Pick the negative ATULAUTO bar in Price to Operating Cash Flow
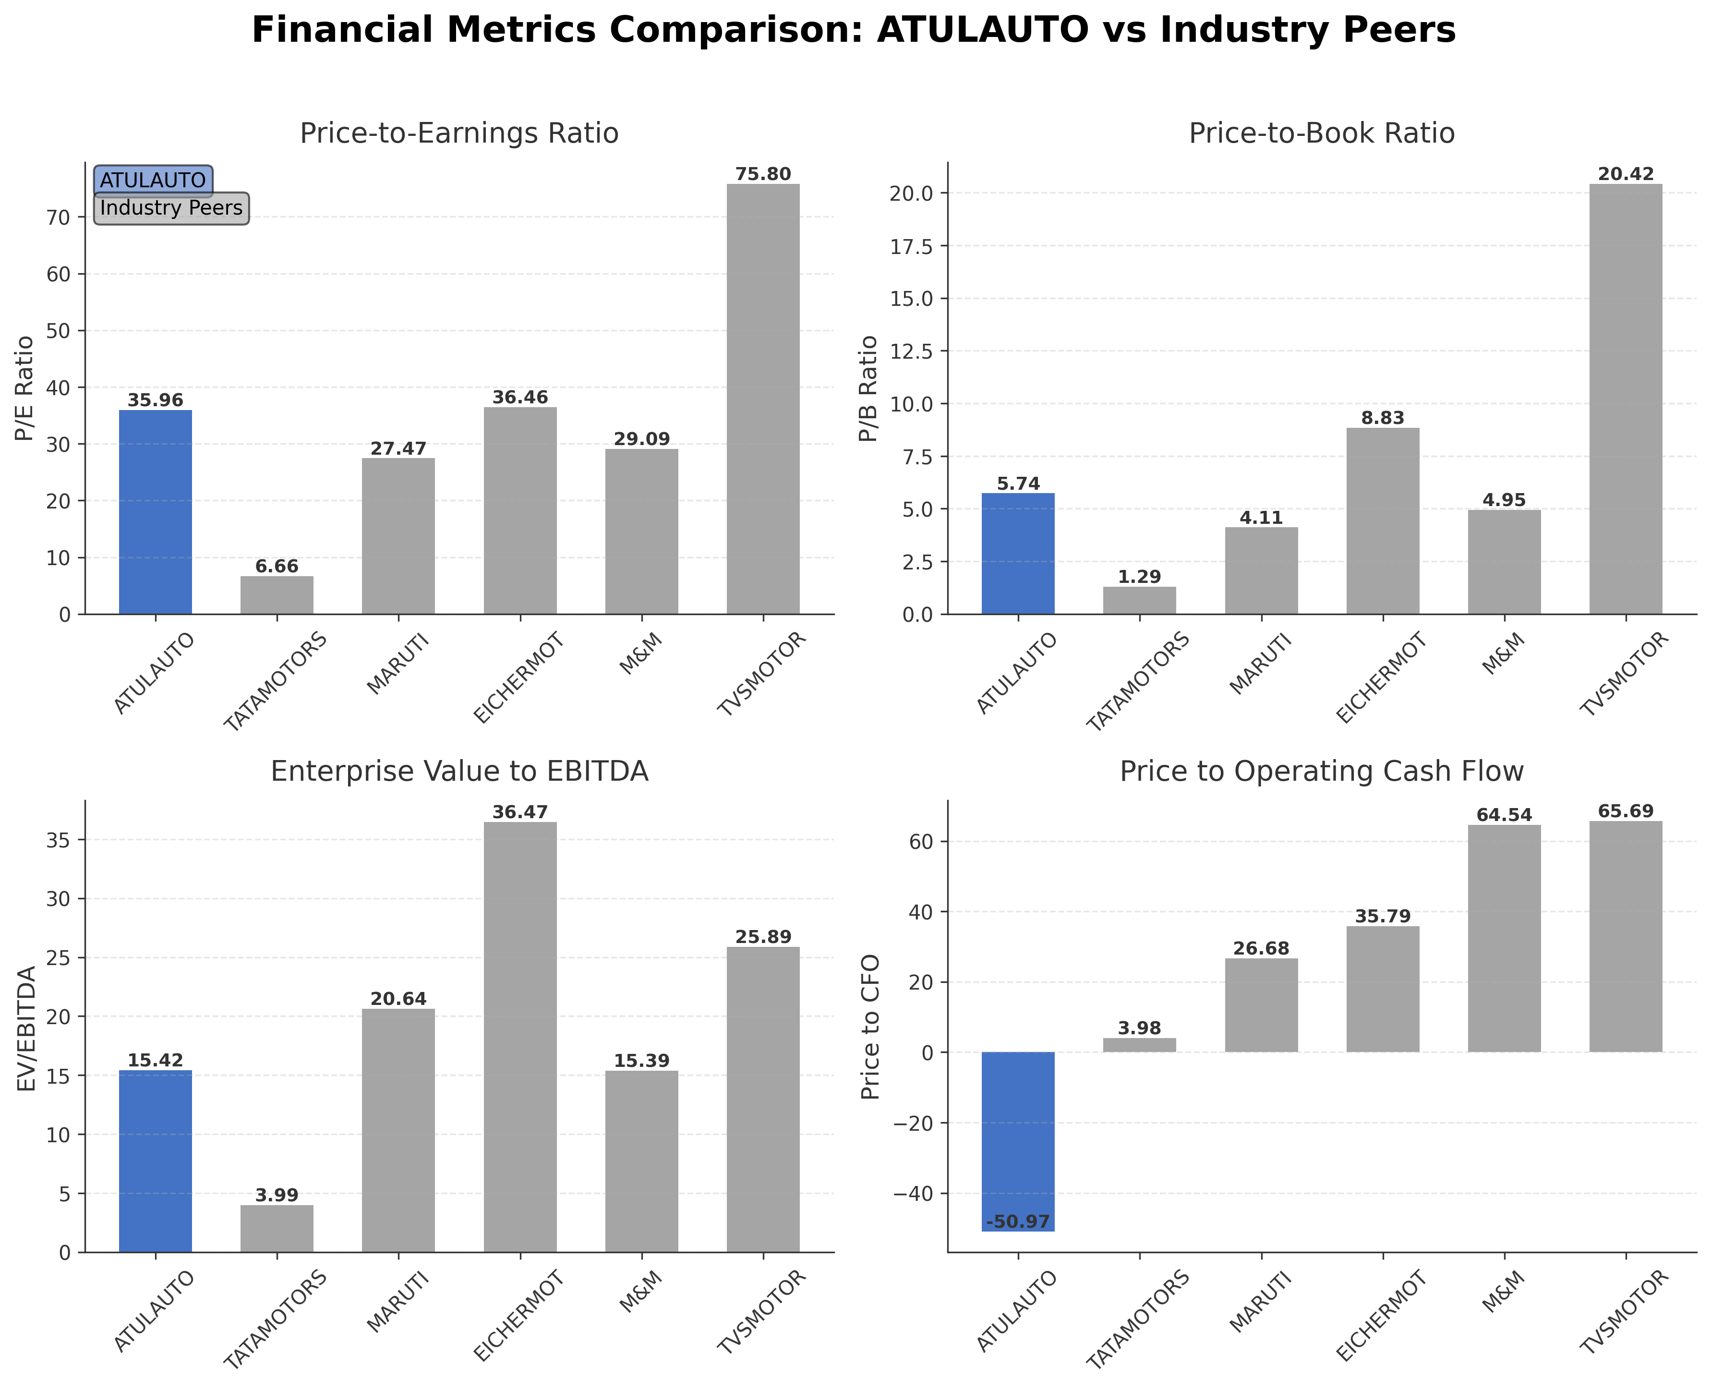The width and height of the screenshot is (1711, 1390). (x=1018, y=1141)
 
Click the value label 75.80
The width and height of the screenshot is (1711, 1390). (x=762, y=174)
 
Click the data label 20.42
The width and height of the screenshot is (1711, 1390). (x=1626, y=174)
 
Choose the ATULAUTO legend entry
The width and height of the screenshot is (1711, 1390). (x=153, y=180)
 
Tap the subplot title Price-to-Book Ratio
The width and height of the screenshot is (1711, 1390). (x=1321, y=133)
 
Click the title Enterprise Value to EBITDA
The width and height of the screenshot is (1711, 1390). (x=459, y=771)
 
